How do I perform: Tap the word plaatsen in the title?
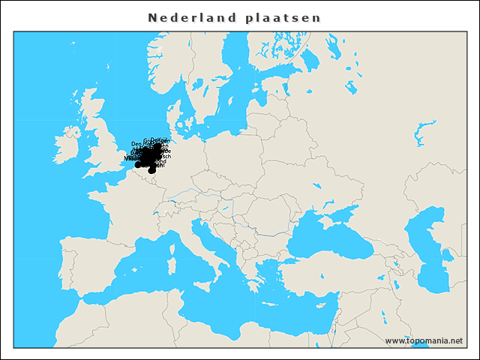click(283, 17)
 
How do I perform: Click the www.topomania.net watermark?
click(424, 340)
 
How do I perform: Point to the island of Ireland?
click(69, 140)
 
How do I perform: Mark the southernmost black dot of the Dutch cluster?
click(151, 170)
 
